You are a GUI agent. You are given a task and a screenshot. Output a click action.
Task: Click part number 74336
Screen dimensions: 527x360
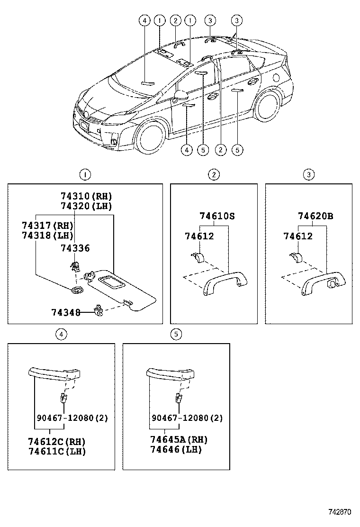[x=75, y=248]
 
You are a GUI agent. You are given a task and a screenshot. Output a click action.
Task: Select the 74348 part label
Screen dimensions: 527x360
[x=65, y=312]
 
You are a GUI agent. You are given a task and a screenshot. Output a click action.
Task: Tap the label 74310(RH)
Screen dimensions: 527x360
[x=86, y=196]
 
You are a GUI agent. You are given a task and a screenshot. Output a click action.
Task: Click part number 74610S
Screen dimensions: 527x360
[x=217, y=216]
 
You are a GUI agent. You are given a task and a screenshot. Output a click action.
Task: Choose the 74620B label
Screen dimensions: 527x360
[x=315, y=216]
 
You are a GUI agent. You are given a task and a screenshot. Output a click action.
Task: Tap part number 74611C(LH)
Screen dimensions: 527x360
[x=57, y=451]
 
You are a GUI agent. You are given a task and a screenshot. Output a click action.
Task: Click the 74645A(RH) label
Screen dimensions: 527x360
[x=179, y=439]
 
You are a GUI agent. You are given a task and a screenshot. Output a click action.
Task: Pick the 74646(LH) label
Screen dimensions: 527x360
[x=176, y=449]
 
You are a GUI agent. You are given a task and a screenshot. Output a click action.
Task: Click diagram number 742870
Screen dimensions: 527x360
[x=340, y=512]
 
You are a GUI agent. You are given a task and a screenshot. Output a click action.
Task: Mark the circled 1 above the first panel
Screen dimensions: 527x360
[x=84, y=175]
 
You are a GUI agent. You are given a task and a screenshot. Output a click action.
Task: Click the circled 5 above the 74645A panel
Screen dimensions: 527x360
[x=176, y=335]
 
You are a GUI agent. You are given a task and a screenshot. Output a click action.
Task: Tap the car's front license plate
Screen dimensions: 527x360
[x=84, y=126]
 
